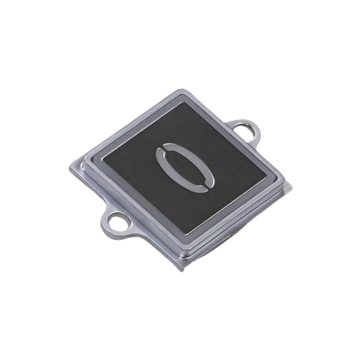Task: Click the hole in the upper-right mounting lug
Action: pyautogui.click(x=245, y=130)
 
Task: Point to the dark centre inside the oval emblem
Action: pyautogui.click(x=185, y=168)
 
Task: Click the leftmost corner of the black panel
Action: pyautogui.click(x=103, y=158)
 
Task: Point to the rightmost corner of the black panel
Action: pyautogui.click(x=267, y=177)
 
